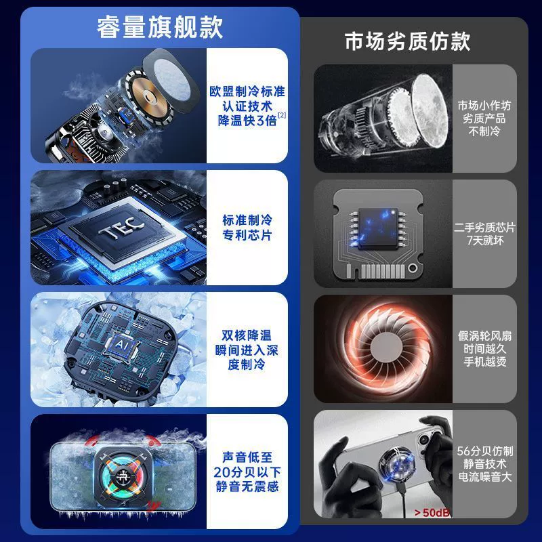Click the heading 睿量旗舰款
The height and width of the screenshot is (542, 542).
(x=160, y=27)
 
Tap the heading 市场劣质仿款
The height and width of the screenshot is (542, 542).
(x=408, y=41)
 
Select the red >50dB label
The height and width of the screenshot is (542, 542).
(x=432, y=512)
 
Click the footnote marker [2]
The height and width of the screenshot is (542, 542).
(x=282, y=114)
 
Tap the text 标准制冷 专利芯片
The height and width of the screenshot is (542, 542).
(x=247, y=228)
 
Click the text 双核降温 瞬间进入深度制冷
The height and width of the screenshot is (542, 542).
(x=247, y=350)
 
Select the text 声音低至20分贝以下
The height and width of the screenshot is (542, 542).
(x=247, y=465)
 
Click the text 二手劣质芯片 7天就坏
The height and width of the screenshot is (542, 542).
(x=484, y=234)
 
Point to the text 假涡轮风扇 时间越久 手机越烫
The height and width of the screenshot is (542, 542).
(x=484, y=348)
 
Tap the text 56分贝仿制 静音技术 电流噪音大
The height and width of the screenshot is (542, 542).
(x=484, y=464)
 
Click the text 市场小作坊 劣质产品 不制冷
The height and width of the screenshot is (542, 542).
(x=484, y=118)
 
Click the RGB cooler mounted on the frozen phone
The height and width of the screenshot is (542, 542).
(x=123, y=476)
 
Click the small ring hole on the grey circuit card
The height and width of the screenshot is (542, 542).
(x=413, y=268)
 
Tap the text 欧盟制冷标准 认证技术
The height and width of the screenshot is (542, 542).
(x=247, y=99)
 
